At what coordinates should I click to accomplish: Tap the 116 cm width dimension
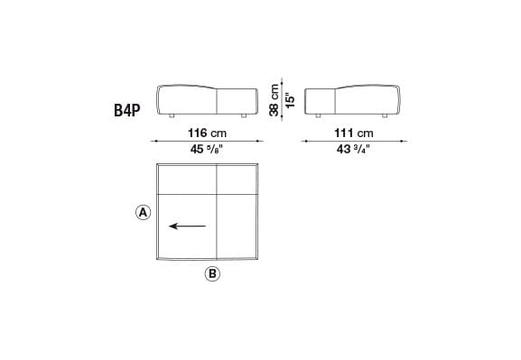tap(207, 133)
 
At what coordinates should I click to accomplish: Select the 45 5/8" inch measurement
tap(207, 151)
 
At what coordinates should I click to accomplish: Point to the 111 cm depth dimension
tap(355, 133)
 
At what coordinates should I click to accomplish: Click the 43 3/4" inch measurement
tap(355, 151)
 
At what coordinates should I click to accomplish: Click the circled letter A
tap(142, 213)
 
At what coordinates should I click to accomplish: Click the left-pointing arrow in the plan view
tap(187, 226)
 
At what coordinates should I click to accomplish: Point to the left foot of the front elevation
tap(171, 116)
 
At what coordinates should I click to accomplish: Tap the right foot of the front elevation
tap(244, 116)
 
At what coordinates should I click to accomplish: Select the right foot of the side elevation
tap(387, 116)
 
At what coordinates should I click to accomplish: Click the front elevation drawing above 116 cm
tap(207, 100)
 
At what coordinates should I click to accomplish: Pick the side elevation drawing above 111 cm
tap(354, 100)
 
